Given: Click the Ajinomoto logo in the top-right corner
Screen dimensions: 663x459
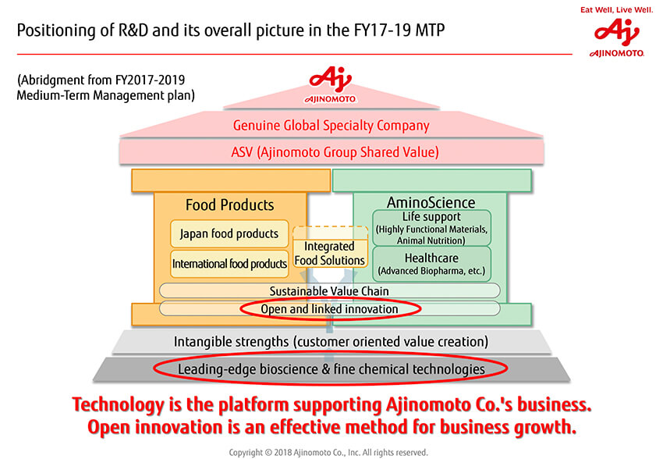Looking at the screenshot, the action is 617,37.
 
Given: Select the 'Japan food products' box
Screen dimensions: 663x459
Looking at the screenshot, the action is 229,233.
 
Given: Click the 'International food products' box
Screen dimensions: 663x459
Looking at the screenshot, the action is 229,264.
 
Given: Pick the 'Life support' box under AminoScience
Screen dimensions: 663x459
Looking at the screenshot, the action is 431,228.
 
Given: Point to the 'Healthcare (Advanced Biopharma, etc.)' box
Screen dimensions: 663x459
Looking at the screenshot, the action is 431,264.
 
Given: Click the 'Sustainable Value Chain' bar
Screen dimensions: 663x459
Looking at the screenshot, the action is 329,291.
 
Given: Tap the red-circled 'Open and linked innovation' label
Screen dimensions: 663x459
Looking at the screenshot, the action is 330,309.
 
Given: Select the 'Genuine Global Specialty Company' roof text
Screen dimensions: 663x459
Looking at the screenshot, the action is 331,126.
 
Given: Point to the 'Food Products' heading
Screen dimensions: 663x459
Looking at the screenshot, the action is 229,205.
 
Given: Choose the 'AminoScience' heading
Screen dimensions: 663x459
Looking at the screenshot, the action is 431,202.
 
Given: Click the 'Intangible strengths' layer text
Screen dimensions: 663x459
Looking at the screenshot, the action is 331,342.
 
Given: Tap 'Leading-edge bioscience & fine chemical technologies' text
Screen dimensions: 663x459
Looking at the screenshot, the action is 331,369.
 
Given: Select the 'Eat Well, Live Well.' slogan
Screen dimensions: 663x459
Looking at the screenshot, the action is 616,9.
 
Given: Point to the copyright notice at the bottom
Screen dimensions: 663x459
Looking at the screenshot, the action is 328,452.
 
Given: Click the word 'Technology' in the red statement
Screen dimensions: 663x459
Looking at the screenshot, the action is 118,405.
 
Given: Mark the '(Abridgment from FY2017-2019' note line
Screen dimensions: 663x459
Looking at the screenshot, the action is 101,80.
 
